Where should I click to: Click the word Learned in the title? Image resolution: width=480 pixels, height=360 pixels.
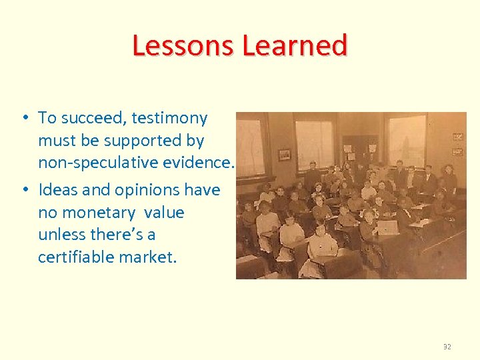pos(295,45)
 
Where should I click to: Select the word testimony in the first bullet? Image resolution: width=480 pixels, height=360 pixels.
pos(169,119)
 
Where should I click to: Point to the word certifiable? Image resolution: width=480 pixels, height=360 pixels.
pos(74,257)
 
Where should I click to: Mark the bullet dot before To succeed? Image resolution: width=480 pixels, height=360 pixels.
pos(23,119)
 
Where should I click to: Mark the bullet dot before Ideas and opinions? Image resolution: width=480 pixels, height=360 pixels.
pos(23,191)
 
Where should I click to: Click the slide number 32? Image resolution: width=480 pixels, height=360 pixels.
pos(447,347)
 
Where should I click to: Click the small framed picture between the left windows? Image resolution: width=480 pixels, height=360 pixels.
pos(284,155)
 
